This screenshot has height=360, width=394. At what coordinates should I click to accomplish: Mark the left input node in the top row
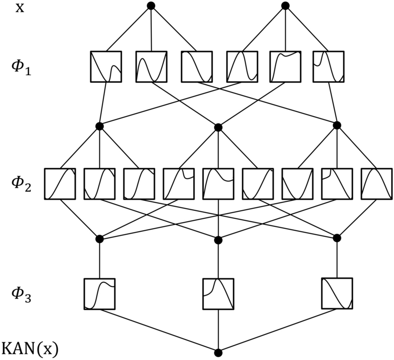[151, 6]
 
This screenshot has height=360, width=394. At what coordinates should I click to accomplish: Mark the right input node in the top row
[285, 6]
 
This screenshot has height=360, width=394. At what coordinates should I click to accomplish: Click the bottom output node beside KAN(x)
[218, 352]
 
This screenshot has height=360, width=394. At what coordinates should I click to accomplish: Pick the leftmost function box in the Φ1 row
[106, 66]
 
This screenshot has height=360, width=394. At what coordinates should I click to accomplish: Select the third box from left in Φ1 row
[196, 66]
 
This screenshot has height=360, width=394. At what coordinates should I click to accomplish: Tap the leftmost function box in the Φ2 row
[60, 183]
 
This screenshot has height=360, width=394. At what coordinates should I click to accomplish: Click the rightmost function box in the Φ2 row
[376, 183]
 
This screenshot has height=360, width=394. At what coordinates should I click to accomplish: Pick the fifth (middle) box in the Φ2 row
[218, 183]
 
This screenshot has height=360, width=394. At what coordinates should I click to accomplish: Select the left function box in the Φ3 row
[100, 294]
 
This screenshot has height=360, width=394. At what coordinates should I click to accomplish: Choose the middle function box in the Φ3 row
[218, 294]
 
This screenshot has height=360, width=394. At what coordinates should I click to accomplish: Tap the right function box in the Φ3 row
[337, 294]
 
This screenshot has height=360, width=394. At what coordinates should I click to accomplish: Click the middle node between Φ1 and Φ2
[218, 127]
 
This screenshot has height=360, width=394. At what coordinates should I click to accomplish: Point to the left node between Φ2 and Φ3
[100, 238]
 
